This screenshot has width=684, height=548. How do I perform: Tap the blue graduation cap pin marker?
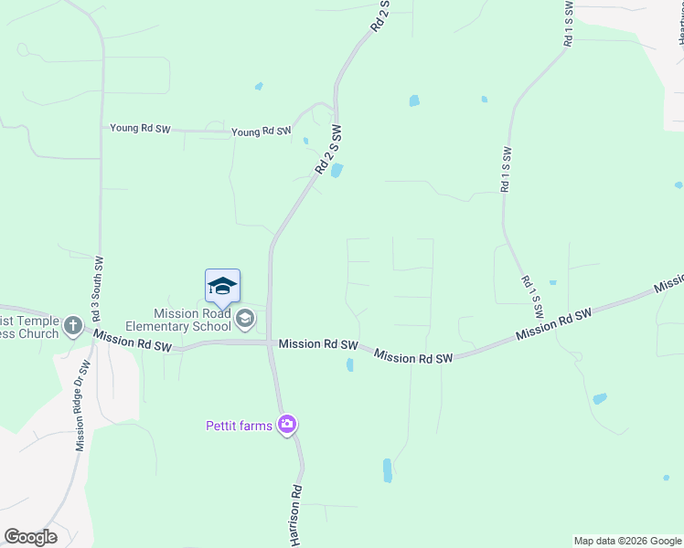222,288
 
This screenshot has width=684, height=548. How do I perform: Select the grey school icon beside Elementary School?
244,319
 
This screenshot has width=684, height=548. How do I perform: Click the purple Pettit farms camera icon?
287,424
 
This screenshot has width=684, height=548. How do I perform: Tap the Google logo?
30,537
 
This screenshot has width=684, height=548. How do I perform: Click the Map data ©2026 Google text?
627,541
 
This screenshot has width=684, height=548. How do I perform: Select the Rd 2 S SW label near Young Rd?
328,150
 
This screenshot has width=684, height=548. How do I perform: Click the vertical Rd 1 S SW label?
505,169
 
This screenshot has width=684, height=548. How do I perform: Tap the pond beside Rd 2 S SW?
337,171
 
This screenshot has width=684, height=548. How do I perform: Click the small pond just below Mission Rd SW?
350,365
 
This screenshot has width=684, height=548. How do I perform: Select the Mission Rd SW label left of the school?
133,344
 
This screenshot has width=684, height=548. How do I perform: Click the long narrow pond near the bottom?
388,469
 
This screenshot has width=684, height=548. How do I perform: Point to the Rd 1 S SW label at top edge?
568,24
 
